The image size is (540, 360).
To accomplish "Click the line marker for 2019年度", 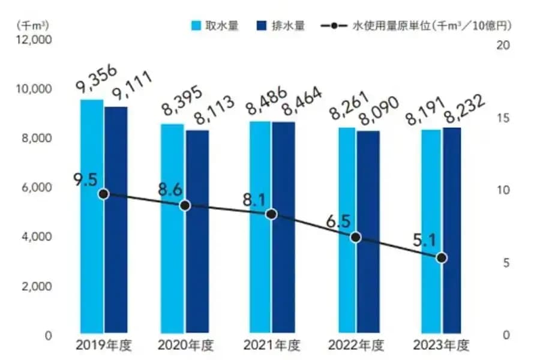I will (103, 194).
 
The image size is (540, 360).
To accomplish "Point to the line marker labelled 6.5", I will (356, 237).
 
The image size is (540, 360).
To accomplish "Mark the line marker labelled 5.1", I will (441, 257).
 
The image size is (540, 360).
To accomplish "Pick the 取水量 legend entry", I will (214, 26).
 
